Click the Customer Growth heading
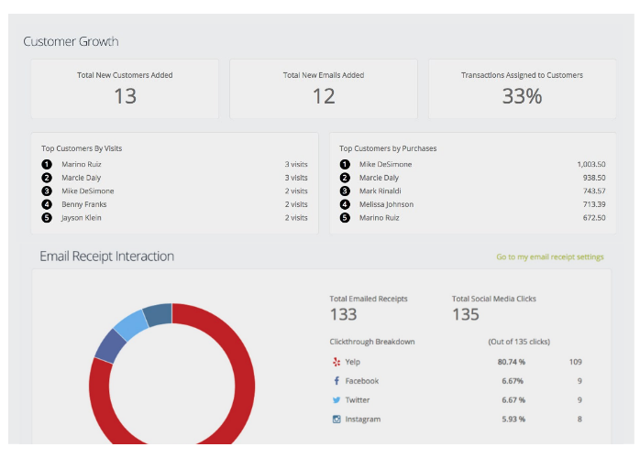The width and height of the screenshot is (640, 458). pos(71,41)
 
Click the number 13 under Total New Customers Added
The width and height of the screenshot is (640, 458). pos(125,95)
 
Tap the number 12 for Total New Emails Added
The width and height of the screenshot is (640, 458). pos(323,95)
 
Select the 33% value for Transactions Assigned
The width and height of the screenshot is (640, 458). pos(522,95)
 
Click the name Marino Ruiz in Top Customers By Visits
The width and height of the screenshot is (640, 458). pos(82,165)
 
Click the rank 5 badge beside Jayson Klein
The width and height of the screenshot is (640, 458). pos(47,218)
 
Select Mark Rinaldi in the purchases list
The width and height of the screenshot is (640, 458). pos(381,191)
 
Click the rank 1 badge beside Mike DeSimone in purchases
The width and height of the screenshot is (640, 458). pos(345,165)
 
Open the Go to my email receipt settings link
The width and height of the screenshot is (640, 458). pos(550,257)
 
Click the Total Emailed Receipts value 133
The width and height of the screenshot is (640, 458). pos(343,315)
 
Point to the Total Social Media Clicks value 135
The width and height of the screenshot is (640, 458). pos(466,315)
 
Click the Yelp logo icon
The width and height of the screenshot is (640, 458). pos(337,362)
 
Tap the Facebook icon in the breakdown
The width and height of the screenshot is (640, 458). pos(337,381)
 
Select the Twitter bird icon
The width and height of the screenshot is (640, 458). pos(337,400)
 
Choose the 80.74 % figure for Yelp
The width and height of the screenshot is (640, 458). pos(511,362)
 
